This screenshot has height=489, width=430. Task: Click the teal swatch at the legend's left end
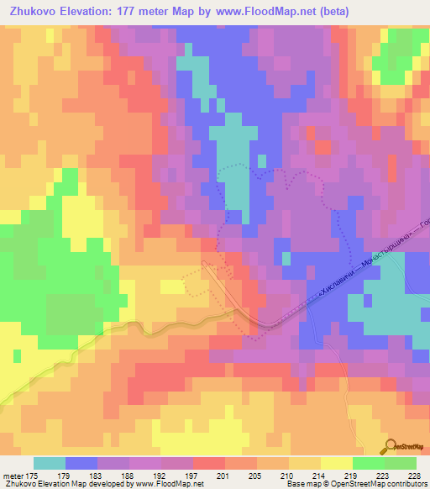49,463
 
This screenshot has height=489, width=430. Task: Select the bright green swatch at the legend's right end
401,463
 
